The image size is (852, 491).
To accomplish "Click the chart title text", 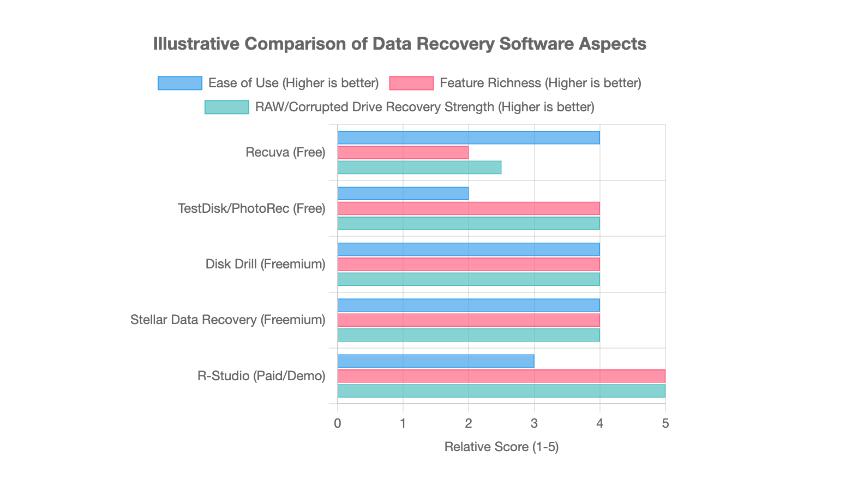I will point(399,44).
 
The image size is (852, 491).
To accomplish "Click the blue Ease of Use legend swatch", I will point(179,83).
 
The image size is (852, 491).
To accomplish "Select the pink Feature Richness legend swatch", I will point(411,83).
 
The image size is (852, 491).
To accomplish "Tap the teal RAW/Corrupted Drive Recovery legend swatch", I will point(226,107).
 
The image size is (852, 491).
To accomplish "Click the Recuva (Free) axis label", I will point(285,152).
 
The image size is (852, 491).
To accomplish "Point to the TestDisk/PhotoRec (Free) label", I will point(251,208).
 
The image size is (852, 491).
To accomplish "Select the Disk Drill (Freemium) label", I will point(265,264).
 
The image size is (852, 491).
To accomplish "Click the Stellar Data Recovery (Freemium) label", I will point(228,320).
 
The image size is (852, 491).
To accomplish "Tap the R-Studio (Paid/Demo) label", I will point(261,376).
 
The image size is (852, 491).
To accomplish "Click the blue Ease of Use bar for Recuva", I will point(468,137).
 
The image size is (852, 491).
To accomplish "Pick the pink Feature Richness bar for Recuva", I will point(403,153).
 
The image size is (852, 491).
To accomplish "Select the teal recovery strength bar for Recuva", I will point(419,167).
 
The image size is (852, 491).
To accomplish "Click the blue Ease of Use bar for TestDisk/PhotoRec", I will point(403,194).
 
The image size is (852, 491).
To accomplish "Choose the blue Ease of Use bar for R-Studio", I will point(435,361).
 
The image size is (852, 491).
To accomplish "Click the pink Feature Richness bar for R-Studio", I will point(501,376).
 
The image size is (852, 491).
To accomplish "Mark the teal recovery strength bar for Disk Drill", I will point(468,279).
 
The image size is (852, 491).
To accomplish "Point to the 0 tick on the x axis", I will point(338,423).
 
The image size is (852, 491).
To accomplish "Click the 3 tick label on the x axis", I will point(534,423).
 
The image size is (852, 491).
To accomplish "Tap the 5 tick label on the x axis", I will point(665,423).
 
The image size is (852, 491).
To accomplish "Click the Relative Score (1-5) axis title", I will point(501,447).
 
